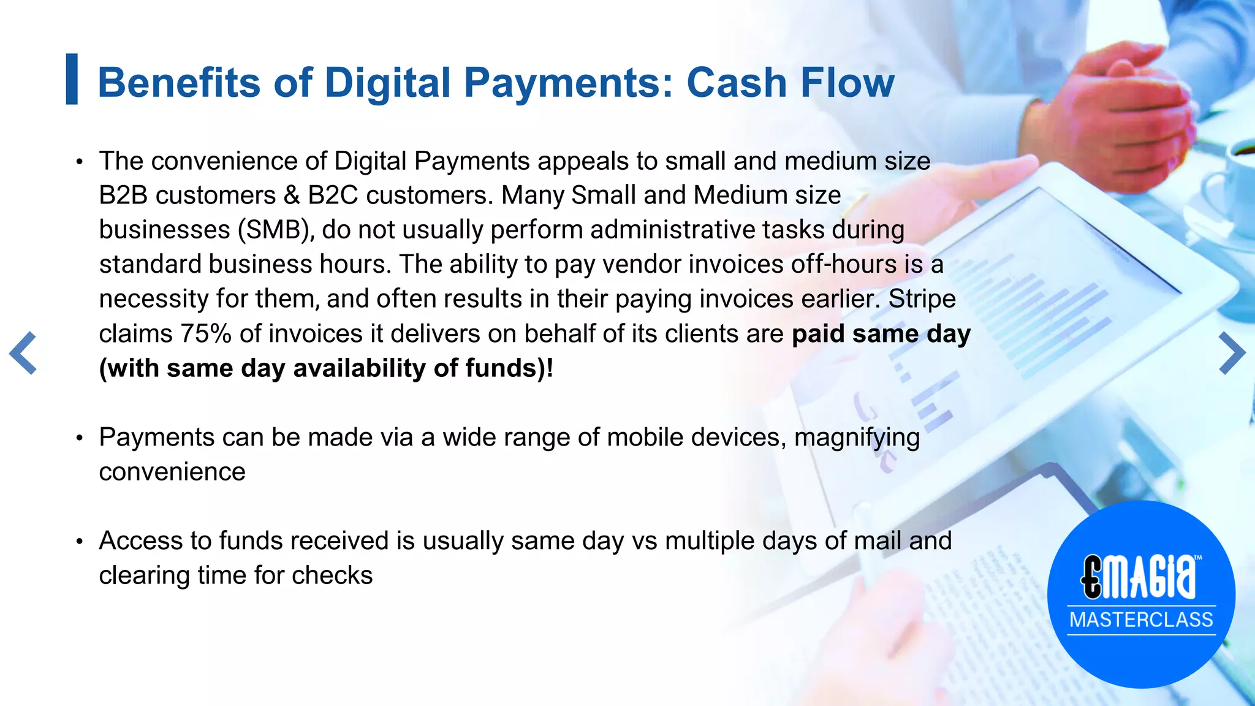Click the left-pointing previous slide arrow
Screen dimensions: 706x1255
(x=23, y=353)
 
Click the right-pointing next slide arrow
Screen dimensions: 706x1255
(x=1232, y=353)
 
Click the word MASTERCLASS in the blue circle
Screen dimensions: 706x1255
(x=1141, y=620)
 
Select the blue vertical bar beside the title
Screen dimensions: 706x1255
(x=72, y=79)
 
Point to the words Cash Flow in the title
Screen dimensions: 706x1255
(x=790, y=83)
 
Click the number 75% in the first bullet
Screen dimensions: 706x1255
(x=205, y=334)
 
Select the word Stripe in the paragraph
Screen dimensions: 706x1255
(x=922, y=299)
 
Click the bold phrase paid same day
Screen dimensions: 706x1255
(x=881, y=334)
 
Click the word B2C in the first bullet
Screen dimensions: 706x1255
(x=332, y=195)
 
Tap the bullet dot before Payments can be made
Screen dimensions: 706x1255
(x=79, y=438)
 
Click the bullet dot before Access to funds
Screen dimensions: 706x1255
(x=79, y=542)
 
